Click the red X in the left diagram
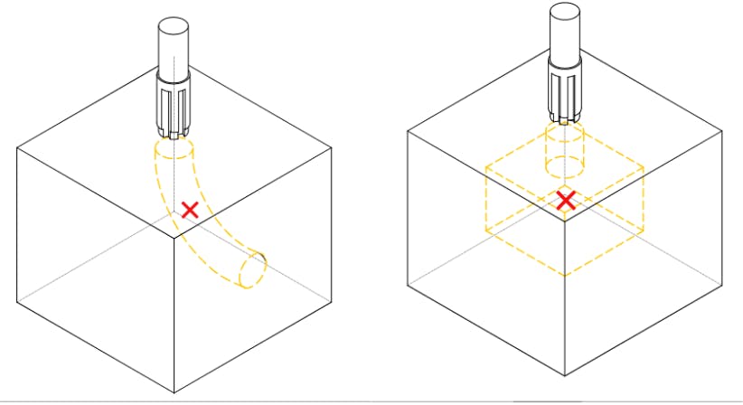pos(190,210)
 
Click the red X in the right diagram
pos(566,200)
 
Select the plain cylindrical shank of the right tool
pos(566,33)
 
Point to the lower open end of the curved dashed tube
pos(254,269)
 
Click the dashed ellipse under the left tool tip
pos(172,148)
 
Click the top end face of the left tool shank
pos(171,24)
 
